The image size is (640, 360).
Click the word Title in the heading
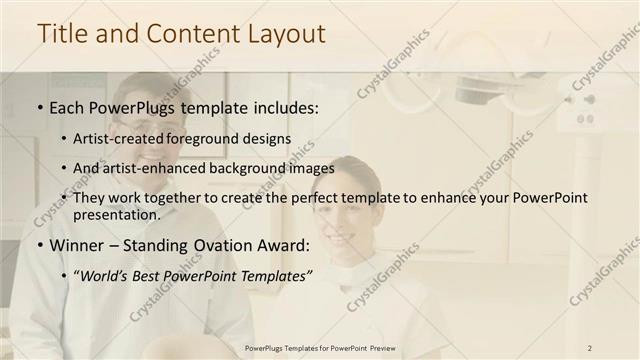[x=63, y=33]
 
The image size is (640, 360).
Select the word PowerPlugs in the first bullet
[x=127, y=106]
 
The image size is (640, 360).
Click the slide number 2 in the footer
[x=591, y=348]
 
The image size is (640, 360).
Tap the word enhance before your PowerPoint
[x=434, y=198]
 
